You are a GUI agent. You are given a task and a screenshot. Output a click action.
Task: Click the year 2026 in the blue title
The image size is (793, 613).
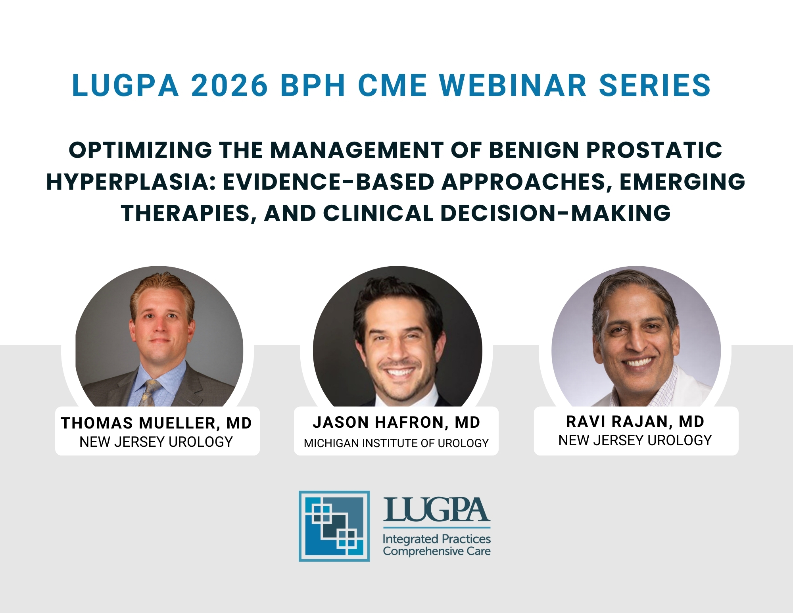tap(230, 85)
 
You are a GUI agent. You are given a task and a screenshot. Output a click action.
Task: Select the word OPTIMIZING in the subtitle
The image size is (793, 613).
tap(140, 150)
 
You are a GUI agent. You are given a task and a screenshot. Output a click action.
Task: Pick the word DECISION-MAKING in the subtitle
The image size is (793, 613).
tap(555, 213)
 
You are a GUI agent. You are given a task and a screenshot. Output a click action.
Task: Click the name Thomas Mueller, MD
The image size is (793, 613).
tap(156, 423)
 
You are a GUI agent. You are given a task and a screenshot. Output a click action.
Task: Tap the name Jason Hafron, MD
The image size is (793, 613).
tap(396, 423)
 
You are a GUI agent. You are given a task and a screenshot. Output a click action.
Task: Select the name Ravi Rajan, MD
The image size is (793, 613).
tap(635, 422)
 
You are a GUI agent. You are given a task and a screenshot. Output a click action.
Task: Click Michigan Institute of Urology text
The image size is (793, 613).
tap(396, 443)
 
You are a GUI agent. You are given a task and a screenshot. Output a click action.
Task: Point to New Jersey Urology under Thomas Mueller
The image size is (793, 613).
tap(156, 442)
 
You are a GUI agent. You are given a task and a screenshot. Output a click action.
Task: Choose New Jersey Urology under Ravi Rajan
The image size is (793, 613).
tap(635, 440)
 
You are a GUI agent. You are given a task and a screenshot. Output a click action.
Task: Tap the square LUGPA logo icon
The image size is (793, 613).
tap(334, 526)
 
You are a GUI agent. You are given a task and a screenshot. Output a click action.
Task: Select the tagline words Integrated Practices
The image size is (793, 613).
tap(437, 539)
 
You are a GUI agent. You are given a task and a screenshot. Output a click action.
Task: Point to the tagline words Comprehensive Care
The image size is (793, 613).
tap(437, 551)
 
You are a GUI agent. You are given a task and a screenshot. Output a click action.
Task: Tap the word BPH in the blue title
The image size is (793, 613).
tap(313, 85)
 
